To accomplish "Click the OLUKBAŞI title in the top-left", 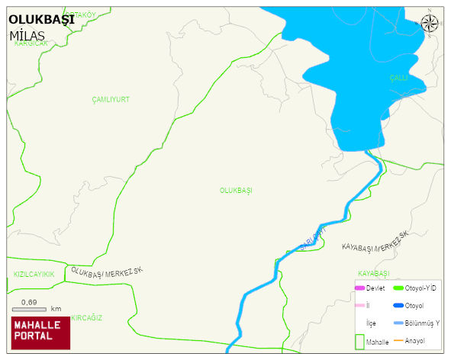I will tap(41, 20).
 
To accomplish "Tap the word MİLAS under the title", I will tap(27, 36).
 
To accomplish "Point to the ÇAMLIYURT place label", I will tap(111, 100).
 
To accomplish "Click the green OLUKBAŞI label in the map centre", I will tap(236, 190).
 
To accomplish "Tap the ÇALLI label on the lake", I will tap(398, 78).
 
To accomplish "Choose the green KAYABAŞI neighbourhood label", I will tap(374, 273).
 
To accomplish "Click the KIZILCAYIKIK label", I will tap(34, 274).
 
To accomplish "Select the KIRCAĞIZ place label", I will tap(86, 317).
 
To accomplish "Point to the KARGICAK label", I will tap(31, 43).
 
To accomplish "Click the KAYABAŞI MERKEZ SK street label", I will tap(375, 242).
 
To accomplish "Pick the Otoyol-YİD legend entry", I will tap(411, 288).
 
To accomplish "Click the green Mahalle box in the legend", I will tap(360, 342).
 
